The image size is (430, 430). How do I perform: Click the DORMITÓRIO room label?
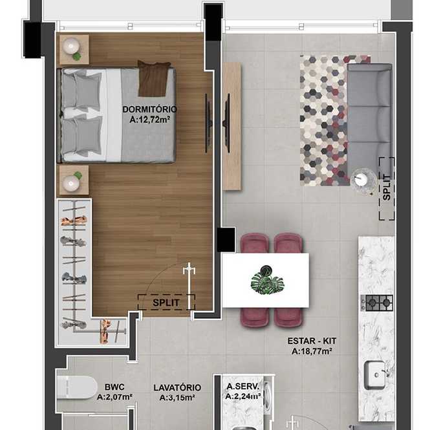[x=149, y=109]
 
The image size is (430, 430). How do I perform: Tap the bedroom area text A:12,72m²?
[x=150, y=120]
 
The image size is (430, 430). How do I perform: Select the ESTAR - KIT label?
[x=312, y=341]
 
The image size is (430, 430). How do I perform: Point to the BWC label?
[x=114, y=387]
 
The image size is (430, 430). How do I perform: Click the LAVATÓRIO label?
[x=177, y=387]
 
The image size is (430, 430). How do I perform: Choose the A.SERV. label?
[x=242, y=387]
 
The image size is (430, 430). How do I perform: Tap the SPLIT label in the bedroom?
[x=166, y=303]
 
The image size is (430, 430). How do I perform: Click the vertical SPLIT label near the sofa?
[x=387, y=188]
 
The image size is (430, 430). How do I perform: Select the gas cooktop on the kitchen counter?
[x=377, y=303]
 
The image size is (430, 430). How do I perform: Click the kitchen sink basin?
[x=374, y=375]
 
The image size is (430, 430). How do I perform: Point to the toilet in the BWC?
[x=77, y=387]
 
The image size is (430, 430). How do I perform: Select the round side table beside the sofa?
[x=363, y=180]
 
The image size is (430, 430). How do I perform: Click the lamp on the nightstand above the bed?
[x=71, y=46]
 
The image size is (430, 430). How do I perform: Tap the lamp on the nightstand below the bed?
[x=70, y=183]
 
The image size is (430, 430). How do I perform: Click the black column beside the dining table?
[x=226, y=240]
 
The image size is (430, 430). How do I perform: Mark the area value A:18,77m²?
[x=312, y=351]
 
